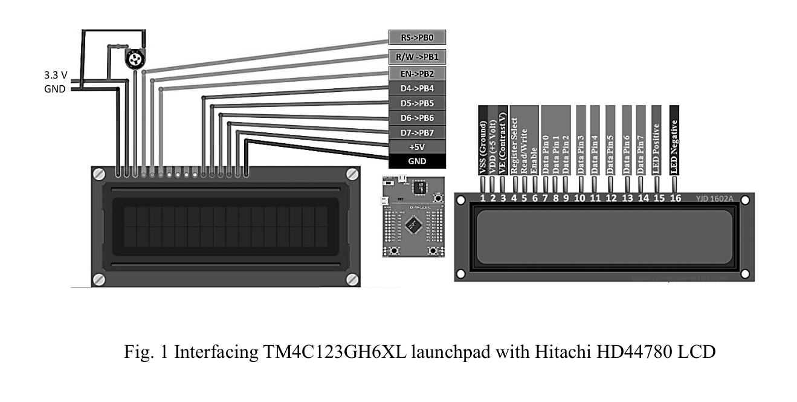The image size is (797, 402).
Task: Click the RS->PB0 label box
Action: click(x=417, y=37)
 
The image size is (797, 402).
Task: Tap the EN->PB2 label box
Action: click(x=417, y=74)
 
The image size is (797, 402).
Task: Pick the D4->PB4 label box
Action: click(x=417, y=89)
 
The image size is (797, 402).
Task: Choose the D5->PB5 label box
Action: click(x=417, y=103)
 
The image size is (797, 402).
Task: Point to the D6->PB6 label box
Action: click(x=417, y=117)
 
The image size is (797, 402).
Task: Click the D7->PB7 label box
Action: click(x=417, y=132)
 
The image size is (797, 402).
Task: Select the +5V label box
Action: click(x=417, y=146)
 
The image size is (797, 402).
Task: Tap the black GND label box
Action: click(x=417, y=161)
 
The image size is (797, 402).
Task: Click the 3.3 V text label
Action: click(x=55, y=76)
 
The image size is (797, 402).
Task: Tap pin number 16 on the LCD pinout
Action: click(x=674, y=198)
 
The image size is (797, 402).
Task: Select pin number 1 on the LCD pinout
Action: click(x=483, y=198)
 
